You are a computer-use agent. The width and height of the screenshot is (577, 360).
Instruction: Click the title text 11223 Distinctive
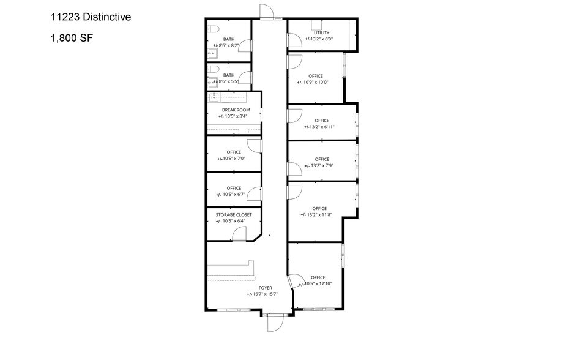coord(91,18)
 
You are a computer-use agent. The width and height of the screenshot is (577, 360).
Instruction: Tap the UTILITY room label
coord(321,33)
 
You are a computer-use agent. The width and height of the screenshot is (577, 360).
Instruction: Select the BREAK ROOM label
coord(236,110)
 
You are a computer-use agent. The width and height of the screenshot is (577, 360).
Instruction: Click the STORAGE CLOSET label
coord(234,215)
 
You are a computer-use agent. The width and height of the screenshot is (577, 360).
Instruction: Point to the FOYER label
coord(266,288)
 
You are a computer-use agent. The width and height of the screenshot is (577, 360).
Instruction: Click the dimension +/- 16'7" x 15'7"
coord(266,294)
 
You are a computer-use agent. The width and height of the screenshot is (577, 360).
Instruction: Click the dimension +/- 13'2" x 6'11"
coord(320,127)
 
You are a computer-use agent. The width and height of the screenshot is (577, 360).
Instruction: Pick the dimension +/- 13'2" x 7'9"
coord(320,165)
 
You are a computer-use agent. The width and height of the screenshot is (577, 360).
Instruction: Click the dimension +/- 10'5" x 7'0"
coord(233,159)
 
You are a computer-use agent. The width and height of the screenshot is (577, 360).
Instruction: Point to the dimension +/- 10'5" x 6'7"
coord(233,195)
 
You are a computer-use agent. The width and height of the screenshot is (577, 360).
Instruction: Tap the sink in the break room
coord(215,97)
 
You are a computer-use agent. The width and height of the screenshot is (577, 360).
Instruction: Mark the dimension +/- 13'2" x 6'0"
coord(320,39)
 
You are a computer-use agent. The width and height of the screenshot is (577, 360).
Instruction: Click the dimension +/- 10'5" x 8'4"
coord(235,116)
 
